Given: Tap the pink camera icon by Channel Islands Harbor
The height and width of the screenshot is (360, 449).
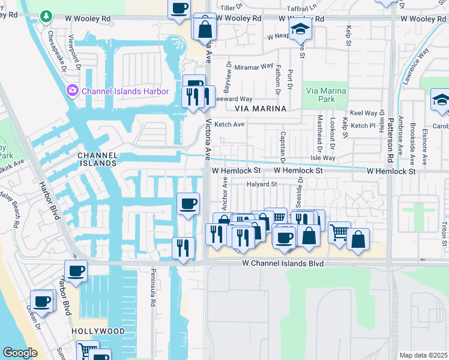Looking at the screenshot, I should coord(73,91).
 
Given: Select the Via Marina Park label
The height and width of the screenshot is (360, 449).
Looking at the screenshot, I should coord(327,94).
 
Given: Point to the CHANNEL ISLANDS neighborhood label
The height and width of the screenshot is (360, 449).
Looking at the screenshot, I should coord(97,159).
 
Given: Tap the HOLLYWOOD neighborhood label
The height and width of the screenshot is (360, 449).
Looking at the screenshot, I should coord(98,331).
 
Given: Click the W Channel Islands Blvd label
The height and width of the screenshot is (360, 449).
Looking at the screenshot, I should coord(283,263).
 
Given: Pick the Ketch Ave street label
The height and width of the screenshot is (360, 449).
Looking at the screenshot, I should coord(230,124).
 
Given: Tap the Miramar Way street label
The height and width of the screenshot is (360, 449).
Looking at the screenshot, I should coord(254,67).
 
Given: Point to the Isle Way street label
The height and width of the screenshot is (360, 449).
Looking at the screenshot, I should coord(323,158).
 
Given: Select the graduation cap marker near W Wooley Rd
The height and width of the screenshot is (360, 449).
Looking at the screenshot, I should coord(298,28).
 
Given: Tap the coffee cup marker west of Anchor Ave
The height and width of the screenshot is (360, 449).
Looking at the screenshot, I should coord(188,204).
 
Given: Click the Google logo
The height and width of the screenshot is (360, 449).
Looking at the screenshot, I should coord(20,353).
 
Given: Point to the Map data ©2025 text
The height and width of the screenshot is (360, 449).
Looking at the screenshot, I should coord(423,355).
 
